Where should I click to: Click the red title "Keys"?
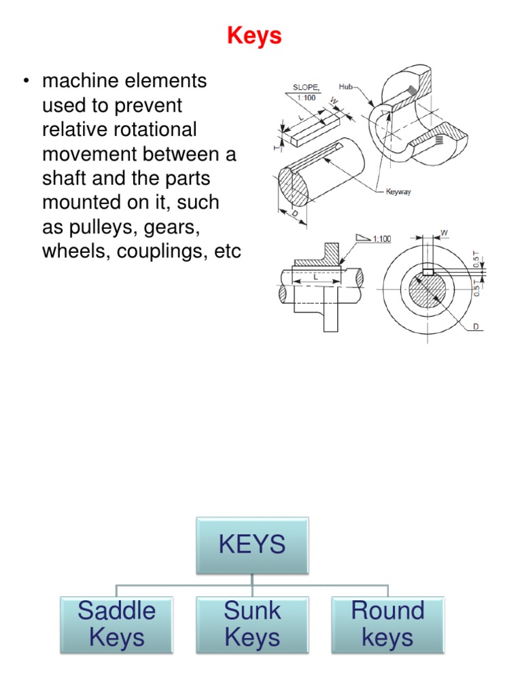point(254,35)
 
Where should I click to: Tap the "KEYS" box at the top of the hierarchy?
point(252,544)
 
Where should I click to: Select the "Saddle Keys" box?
point(116,625)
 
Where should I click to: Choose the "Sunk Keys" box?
point(252,625)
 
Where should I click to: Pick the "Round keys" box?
point(387,625)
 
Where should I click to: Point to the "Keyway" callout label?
point(398,192)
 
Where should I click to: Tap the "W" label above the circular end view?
point(445,233)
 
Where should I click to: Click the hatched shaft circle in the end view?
point(427,291)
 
